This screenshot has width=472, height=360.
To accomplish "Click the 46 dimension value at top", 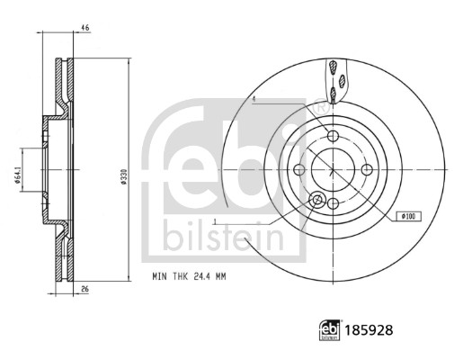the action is (85, 28).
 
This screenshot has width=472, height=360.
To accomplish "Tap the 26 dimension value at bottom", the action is (85, 289).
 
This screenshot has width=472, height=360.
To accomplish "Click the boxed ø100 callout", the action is (408, 216).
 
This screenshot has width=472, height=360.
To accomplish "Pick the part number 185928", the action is (369, 330).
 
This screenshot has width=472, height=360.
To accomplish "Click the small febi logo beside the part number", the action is (329, 330).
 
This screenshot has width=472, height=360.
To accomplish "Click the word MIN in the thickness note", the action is (160, 276).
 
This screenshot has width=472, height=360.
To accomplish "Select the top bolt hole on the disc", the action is (333, 136).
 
